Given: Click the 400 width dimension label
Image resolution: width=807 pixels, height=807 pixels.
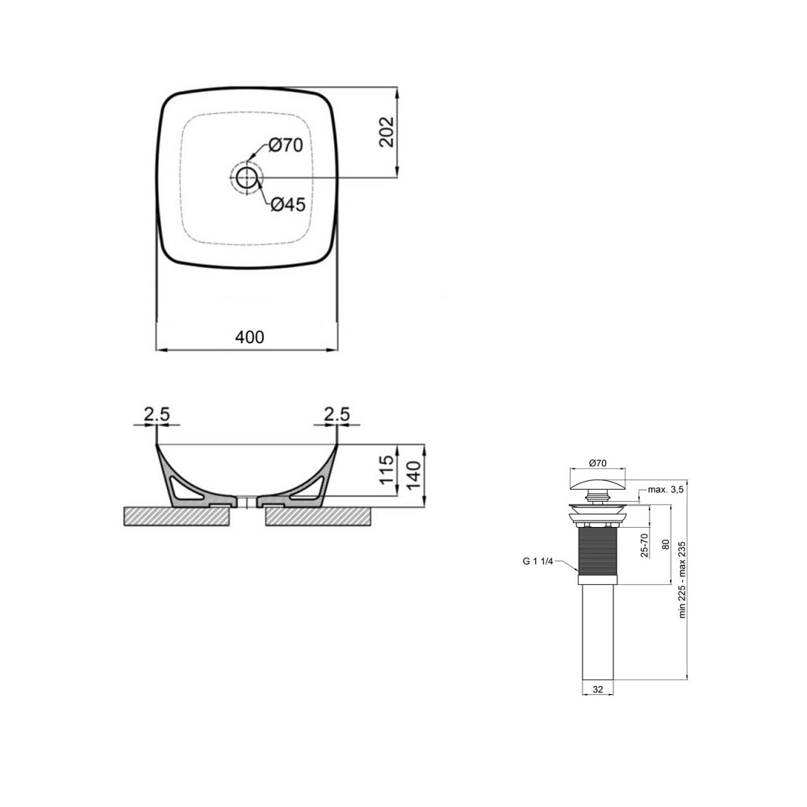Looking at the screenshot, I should pyautogui.click(x=249, y=337).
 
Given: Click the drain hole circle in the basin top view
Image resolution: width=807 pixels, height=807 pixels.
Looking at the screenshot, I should pyautogui.click(x=246, y=176).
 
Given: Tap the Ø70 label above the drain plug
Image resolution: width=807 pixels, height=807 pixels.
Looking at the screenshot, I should pyautogui.click(x=598, y=463).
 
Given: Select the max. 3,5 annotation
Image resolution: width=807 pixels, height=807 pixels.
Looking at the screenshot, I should pyautogui.click(x=666, y=490).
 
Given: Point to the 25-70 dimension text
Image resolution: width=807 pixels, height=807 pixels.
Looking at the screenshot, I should pyautogui.click(x=643, y=546).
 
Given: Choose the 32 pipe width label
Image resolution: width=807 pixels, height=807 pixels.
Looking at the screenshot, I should pyautogui.click(x=597, y=689).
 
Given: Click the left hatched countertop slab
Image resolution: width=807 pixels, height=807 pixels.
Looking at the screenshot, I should pyautogui.click(x=178, y=516).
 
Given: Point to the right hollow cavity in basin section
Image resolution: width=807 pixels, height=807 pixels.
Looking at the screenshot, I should pyautogui.click(x=311, y=488).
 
